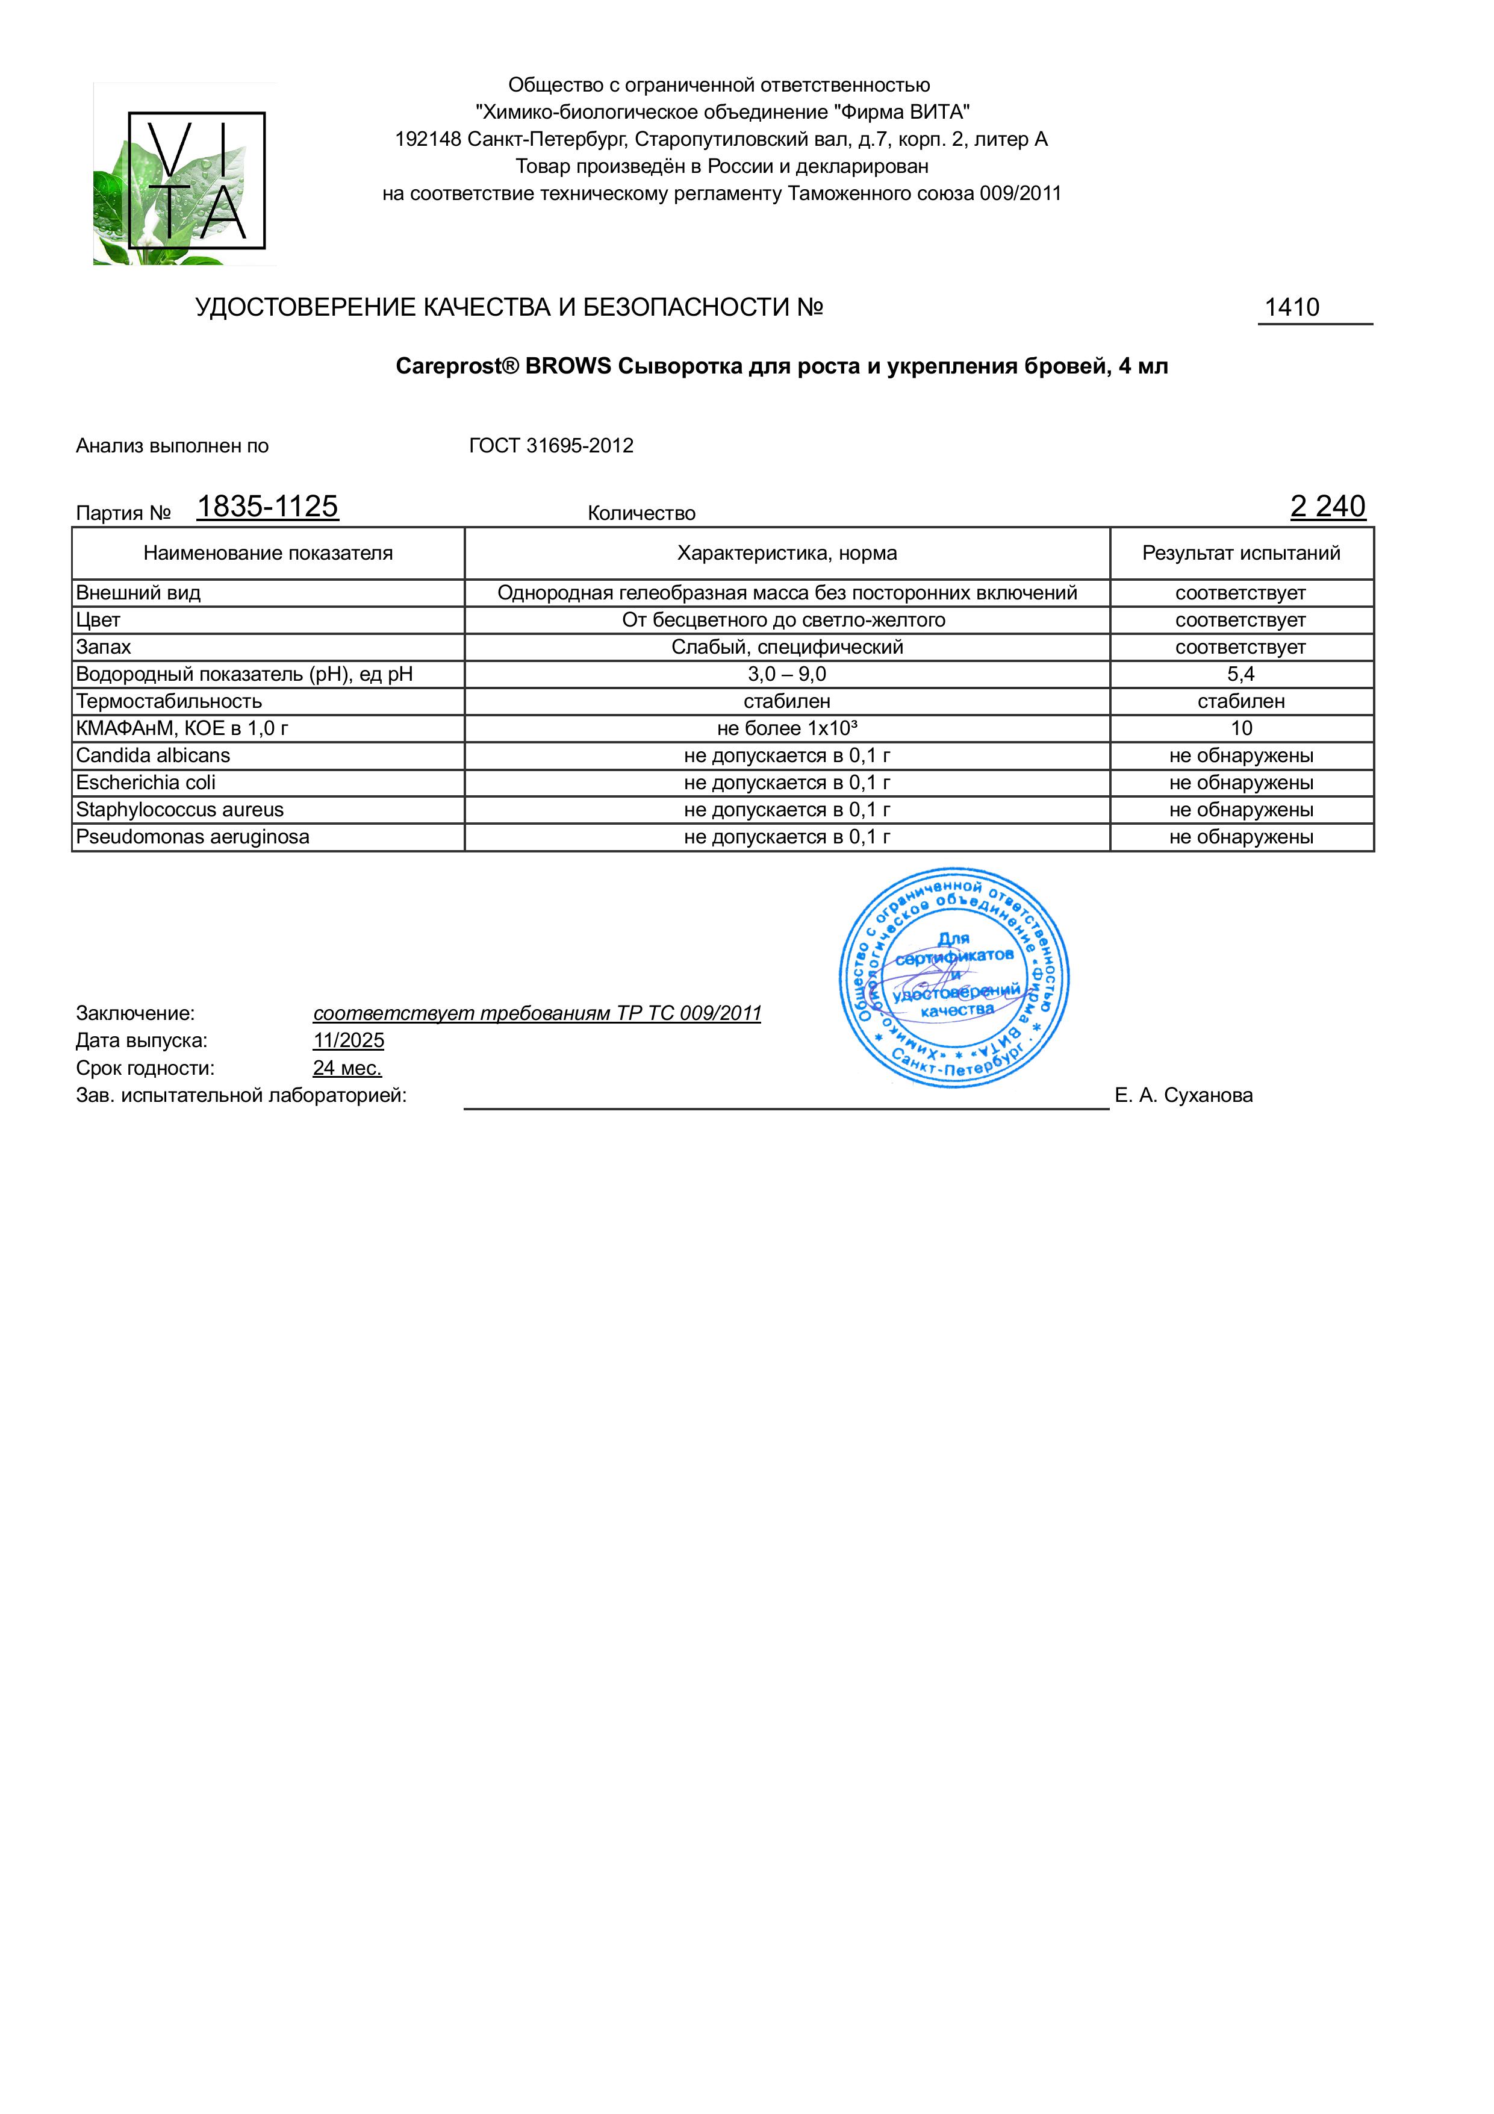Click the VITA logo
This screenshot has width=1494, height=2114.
point(185,175)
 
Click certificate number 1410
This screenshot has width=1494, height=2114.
point(1292,307)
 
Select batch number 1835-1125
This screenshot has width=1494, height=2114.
point(267,507)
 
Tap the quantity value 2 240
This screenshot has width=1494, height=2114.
point(1327,507)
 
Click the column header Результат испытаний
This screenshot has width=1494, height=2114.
point(1241,554)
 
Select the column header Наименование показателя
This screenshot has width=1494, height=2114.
point(268,554)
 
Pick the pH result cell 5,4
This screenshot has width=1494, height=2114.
point(1241,674)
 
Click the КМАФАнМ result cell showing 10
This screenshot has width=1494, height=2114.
point(1241,728)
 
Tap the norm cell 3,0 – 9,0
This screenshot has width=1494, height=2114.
point(787,674)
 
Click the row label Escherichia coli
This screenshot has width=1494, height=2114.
point(146,783)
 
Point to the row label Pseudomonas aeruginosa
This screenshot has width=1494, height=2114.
point(192,837)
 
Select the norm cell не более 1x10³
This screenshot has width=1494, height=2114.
point(787,728)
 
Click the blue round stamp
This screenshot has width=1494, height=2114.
point(954,978)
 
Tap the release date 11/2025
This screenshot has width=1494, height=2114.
point(348,1040)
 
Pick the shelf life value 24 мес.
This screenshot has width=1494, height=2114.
point(347,1068)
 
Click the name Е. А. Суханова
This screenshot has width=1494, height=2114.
point(1183,1096)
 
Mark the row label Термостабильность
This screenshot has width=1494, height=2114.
point(169,702)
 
